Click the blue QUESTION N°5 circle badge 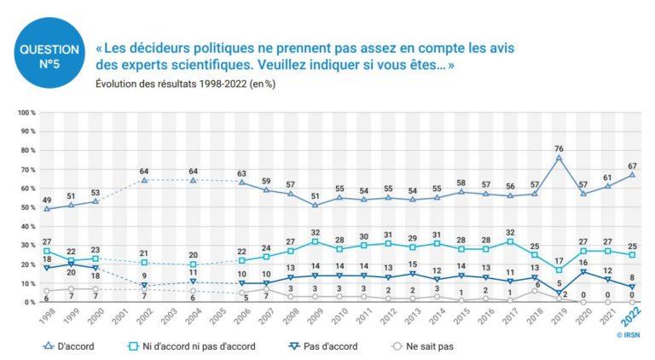(49, 49)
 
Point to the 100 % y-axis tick (26, 113)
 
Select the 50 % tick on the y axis (27, 207)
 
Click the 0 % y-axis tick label (29, 302)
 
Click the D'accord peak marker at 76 (559, 158)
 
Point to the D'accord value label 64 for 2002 (144, 171)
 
